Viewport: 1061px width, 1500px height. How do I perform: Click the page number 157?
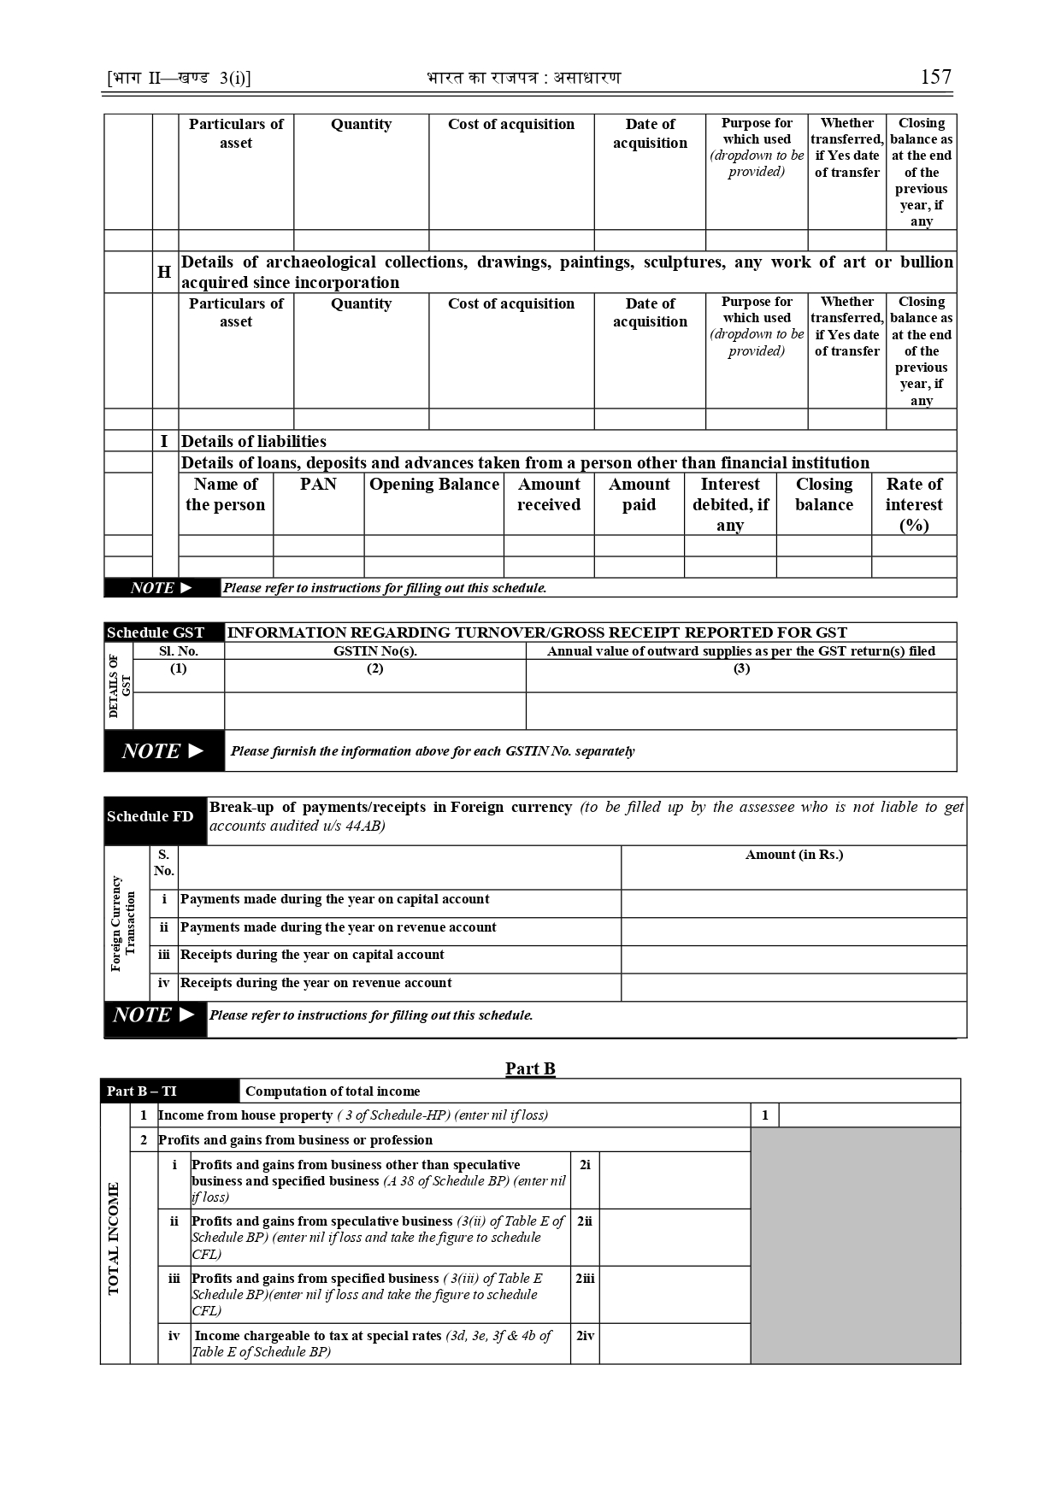point(935,77)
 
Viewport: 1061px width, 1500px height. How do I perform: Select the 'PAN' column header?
point(318,485)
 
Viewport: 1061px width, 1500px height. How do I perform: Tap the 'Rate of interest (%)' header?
point(913,504)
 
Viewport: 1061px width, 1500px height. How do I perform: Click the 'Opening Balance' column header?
point(433,485)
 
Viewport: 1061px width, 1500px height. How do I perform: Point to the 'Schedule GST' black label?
point(156,632)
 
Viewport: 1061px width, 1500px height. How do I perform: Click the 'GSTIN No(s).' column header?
point(374,651)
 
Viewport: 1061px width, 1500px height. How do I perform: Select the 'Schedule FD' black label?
point(150,816)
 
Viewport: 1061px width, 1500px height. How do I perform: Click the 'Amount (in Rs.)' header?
point(793,855)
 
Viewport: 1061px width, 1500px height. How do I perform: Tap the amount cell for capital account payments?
point(793,903)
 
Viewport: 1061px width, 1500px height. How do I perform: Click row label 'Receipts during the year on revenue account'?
point(315,983)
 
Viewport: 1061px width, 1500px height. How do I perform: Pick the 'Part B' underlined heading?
point(530,1068)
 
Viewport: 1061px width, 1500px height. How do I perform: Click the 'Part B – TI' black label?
point(142,1091)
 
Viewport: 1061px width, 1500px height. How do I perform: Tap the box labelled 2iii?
point(585,1279)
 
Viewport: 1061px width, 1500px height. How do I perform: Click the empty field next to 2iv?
point(674,1343)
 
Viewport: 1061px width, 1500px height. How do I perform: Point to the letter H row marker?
point(164,272)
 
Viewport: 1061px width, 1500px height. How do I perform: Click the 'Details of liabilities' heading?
point(253,441)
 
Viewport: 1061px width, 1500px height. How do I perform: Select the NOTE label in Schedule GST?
point(162,750)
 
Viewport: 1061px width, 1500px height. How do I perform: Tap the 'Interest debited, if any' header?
point(729,504)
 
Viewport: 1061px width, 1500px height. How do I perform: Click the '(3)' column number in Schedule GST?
point(741,668)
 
